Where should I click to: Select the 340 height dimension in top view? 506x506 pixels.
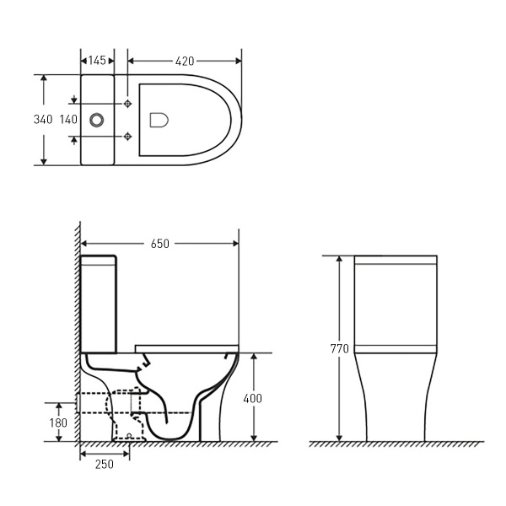click(44, 119)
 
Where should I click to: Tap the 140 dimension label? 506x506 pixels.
click(68, 119)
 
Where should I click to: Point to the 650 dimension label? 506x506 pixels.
click(159, 244)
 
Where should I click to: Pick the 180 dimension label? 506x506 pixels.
click(58, 422)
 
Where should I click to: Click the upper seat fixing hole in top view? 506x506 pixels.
click(127, 103)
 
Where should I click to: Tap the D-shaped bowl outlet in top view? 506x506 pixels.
click(159, 119)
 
